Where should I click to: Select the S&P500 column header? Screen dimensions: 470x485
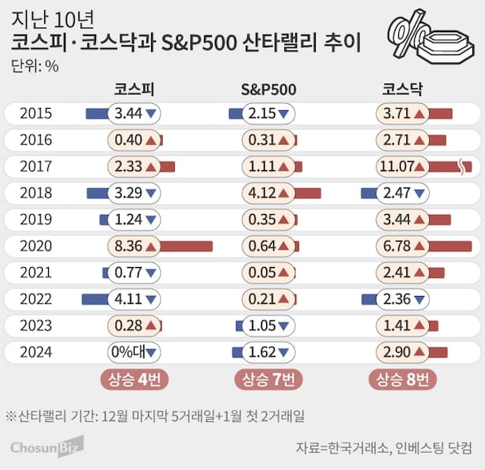pyautogui.click(x=268, y=89)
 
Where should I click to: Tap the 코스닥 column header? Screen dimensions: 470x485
pyautogui.click(x=402, y=89)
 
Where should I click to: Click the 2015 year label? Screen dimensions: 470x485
pyautogui.click(x=37, y=113)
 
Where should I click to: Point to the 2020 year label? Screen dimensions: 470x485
pyautogui.click(x=37, y=246)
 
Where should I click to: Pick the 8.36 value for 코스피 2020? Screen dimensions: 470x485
pyautogui.click(x=128, y=246)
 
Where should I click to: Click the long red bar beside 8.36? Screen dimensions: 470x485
pyautogui.click(x=186, y=246)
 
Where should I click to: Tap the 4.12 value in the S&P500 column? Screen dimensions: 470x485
pyautogui.click(x=263, y=193)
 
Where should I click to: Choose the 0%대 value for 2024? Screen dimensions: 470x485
pyautogui.click(x=128, y=352)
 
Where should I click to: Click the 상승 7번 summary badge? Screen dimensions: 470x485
pyautogui.click(x=268, y=380)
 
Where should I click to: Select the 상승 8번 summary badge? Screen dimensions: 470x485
pyautogui.click(x=402, y=380)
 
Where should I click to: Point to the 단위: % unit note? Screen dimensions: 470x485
pyautogui.click(x=35, y=65)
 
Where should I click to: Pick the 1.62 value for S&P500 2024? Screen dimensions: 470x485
pyautogui.click(x=263, y=352)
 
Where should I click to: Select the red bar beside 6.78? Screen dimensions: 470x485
pyautogui.click(x=450, y=246)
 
